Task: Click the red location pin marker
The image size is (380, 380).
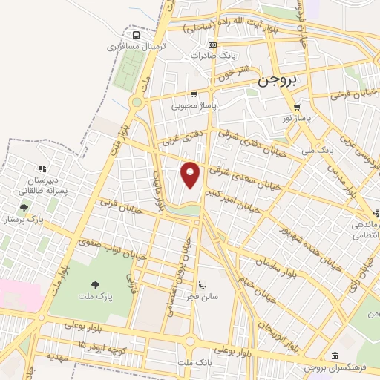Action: pos(191,175)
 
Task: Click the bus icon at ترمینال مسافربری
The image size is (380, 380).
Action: pos(136,34)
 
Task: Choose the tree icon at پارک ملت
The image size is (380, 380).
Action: pos(94,284)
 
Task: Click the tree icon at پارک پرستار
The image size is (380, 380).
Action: pos(24,209)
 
